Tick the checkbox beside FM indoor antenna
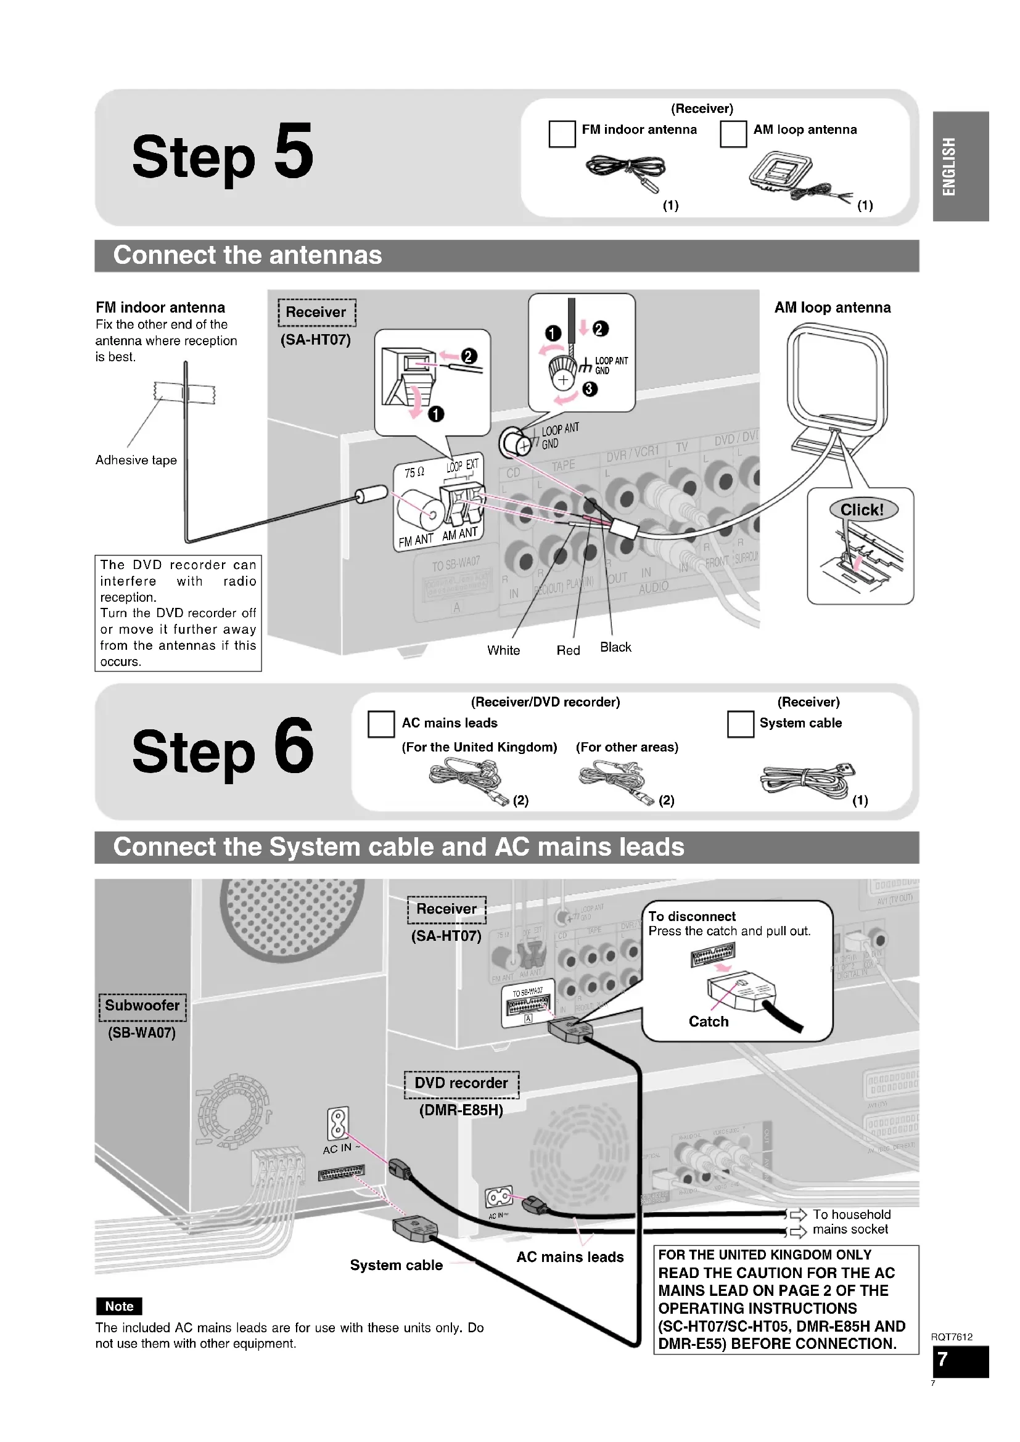point(562,134)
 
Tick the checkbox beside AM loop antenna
point(733,134)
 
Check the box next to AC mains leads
point(381,724)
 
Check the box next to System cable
point(741,724)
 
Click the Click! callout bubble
point(863,509)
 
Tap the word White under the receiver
point(504,650)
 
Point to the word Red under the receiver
point(569,650)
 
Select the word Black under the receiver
point(615,647)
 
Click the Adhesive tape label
point(136,461)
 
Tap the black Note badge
point(120,1306)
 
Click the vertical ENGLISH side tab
point(949,166)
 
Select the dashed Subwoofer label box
point(142,1006)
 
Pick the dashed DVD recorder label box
point(462,1083)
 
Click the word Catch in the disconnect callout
point(709,1022)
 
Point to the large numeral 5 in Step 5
point(294,152)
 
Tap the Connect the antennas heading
point(247,256)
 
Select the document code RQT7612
point(952,1337)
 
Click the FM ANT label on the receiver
point(416,540)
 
